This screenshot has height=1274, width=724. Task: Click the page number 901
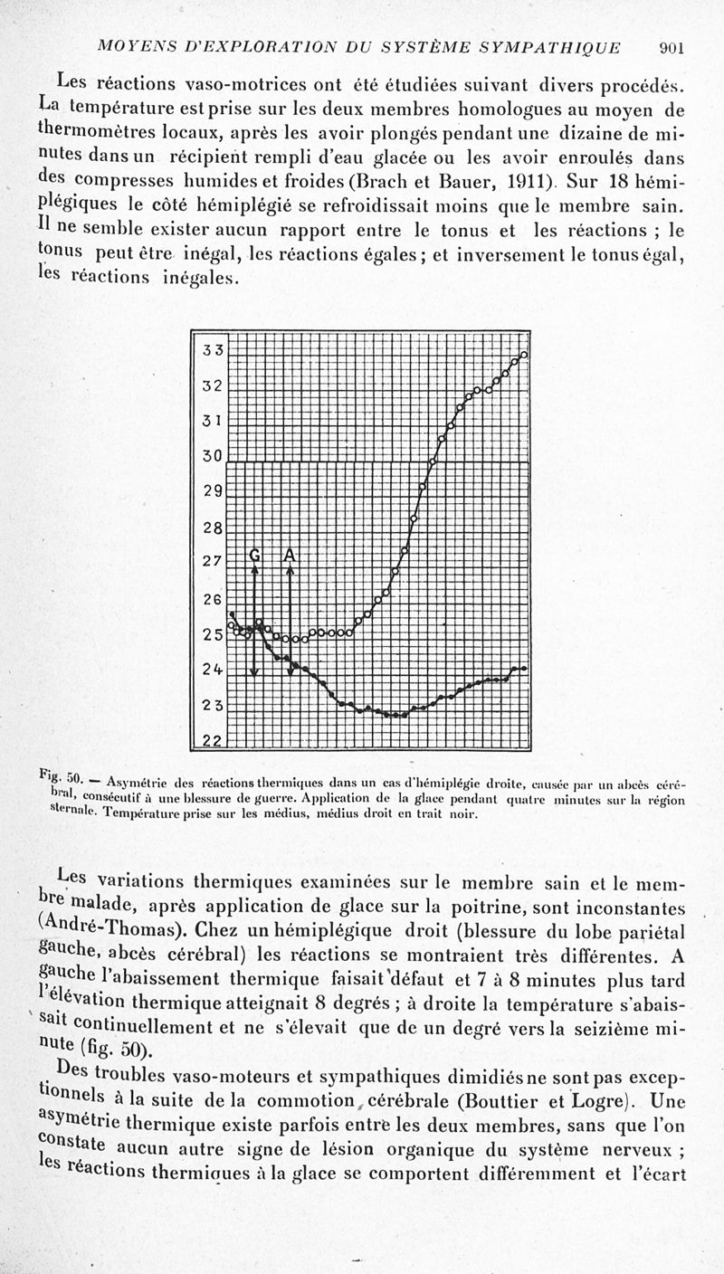(x=677, y=47)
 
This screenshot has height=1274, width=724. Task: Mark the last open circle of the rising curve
(x=524, y=355)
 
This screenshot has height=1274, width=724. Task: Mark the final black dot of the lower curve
(x=524, y=669)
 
